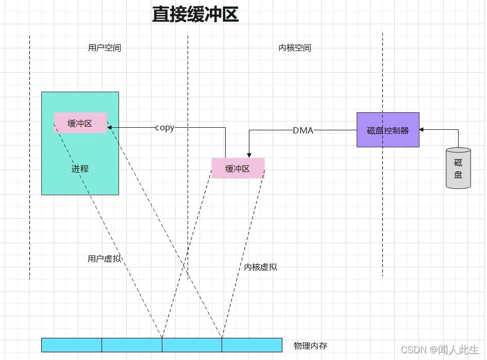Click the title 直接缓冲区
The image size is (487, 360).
point(195,14)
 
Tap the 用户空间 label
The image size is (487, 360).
point(105,48)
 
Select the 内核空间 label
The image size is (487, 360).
point(295,48)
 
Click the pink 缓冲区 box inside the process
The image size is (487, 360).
point(80,124)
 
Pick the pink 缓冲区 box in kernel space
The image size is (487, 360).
point(238,168)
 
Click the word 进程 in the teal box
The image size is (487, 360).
point(80,168)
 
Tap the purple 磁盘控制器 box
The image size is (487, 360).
point(388,130)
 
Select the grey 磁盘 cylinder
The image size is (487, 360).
point(458,168)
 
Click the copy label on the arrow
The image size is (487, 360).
point(165,128)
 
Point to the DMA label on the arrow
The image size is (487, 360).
point(303,130)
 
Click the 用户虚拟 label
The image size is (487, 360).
point(105,259)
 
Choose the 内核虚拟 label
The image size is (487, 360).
point(261,267)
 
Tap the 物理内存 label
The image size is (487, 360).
point(311,346)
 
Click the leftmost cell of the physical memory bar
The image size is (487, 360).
point(72,345)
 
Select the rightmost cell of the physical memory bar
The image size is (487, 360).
point(252,345)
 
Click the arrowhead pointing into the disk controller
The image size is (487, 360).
point(422,130)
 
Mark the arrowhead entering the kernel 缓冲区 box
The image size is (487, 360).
point(249,155)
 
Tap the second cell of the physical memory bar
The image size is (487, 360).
point(132,345)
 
